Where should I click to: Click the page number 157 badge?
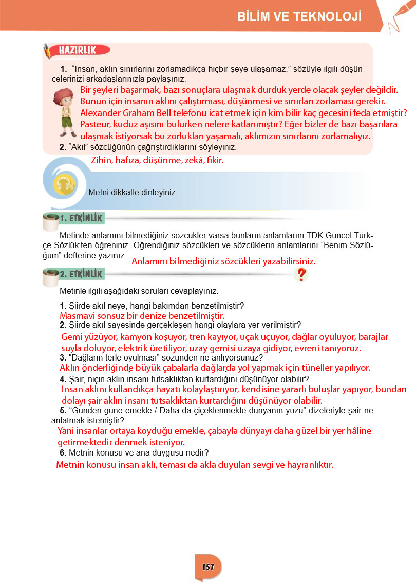click(x=208, y=567)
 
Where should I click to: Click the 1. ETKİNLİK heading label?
click(x=81, y=219)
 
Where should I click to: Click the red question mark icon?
click(x=301, y=275)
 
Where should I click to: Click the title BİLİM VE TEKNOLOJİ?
click(x=299, y=17)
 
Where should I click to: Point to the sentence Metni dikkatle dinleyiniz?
click(x=133, y=193)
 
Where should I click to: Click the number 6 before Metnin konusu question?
click(x=62, y=452)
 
